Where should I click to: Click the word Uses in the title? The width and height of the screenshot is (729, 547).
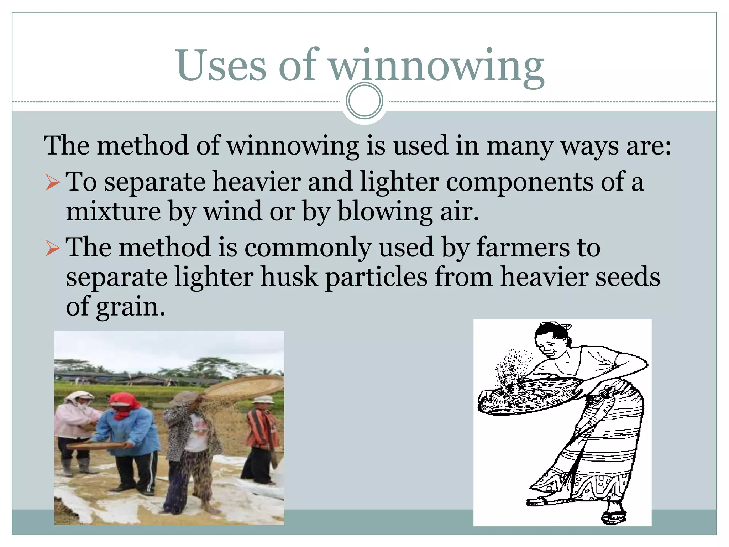coord(221,66)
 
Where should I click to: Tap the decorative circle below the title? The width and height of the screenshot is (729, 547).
coord(364,101)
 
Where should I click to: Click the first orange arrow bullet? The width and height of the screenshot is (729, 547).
coord(53,183)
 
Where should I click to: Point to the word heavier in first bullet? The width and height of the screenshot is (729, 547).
coord(256,182)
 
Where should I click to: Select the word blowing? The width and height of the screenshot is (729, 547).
coord(384,212)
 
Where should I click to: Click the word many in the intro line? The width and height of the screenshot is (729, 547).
coord(520,146)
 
